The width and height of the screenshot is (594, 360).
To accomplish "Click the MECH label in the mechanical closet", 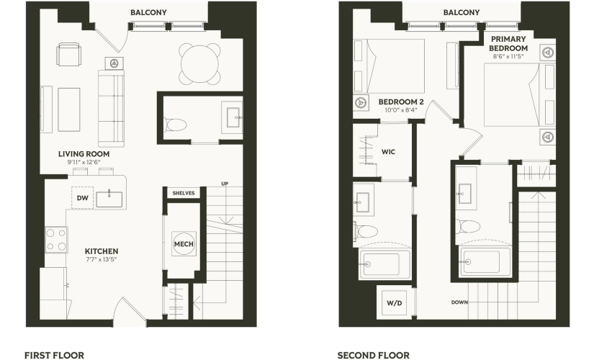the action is pyautogui.click(x=184, y=244).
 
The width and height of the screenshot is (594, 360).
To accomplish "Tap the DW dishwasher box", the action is pyautogui.click(x=83, y=197).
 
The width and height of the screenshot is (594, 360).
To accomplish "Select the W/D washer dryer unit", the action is pyautogui.click(x=394, y=303).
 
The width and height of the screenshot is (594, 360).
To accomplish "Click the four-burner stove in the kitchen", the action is pyautogui.click(x=56, y=240).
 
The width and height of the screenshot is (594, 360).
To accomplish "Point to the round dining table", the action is pyautogui.click(x=200, y=63).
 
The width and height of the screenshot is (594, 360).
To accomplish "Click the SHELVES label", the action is pyautogui.click(x=184, y=193).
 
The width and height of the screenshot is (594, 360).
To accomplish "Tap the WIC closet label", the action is pyautogui.click(x=388, y=152).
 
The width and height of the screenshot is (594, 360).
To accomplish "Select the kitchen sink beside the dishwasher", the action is pyautogui.click(x=109, y=199).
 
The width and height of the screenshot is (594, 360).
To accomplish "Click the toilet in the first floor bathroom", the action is pyautogui.click(x=176, y=125).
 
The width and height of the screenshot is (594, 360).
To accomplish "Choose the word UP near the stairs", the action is pyautogui.click(x=225, y=184).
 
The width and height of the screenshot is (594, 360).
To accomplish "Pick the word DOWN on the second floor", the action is pyautogui.click(x=459, y=302).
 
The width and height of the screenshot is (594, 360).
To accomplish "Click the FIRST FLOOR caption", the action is pyautogui.click(x=55, y=355).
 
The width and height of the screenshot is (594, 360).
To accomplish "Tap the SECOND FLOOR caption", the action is pyautogui.click(x=374, y=355).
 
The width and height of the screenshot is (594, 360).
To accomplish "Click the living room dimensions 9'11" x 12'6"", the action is pyautogui.click(x=84, y=162).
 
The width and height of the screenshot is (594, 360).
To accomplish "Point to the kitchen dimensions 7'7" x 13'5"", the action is pyautogui.click(x=101, y=260).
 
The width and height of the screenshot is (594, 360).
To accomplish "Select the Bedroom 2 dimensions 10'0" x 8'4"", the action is pyautogui.click(x=401, y=110).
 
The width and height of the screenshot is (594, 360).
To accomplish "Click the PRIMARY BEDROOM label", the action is pyautogui.click(x=508, y=44).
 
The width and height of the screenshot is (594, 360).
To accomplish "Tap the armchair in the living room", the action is pyautogui.click(x=68, y=55).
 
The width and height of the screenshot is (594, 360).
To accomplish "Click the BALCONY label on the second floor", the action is pyautogui.click(x=462, y=12).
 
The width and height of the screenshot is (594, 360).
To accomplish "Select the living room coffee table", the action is pyautogui.click(x=69, y=110).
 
